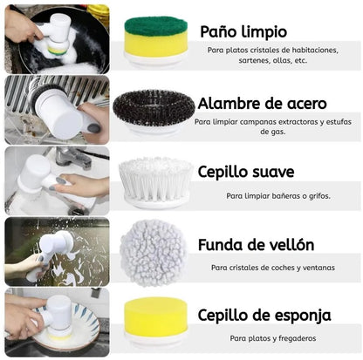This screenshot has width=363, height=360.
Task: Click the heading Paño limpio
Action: (x=243, y=32)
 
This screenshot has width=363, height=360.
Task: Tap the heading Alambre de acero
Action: (x=262, y=104)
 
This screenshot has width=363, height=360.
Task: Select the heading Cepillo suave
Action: (x=246, y=172)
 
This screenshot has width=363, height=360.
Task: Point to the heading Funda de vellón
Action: (x=256, y=245)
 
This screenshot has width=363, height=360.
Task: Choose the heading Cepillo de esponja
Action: (x=264, y=316)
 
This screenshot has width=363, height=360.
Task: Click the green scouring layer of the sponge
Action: (x=156, y=26)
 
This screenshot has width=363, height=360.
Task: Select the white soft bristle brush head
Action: (x=156, y=180)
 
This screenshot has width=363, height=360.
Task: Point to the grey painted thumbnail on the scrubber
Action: (x=94, y=128)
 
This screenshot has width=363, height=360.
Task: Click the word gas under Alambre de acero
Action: (x=273, y=132)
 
